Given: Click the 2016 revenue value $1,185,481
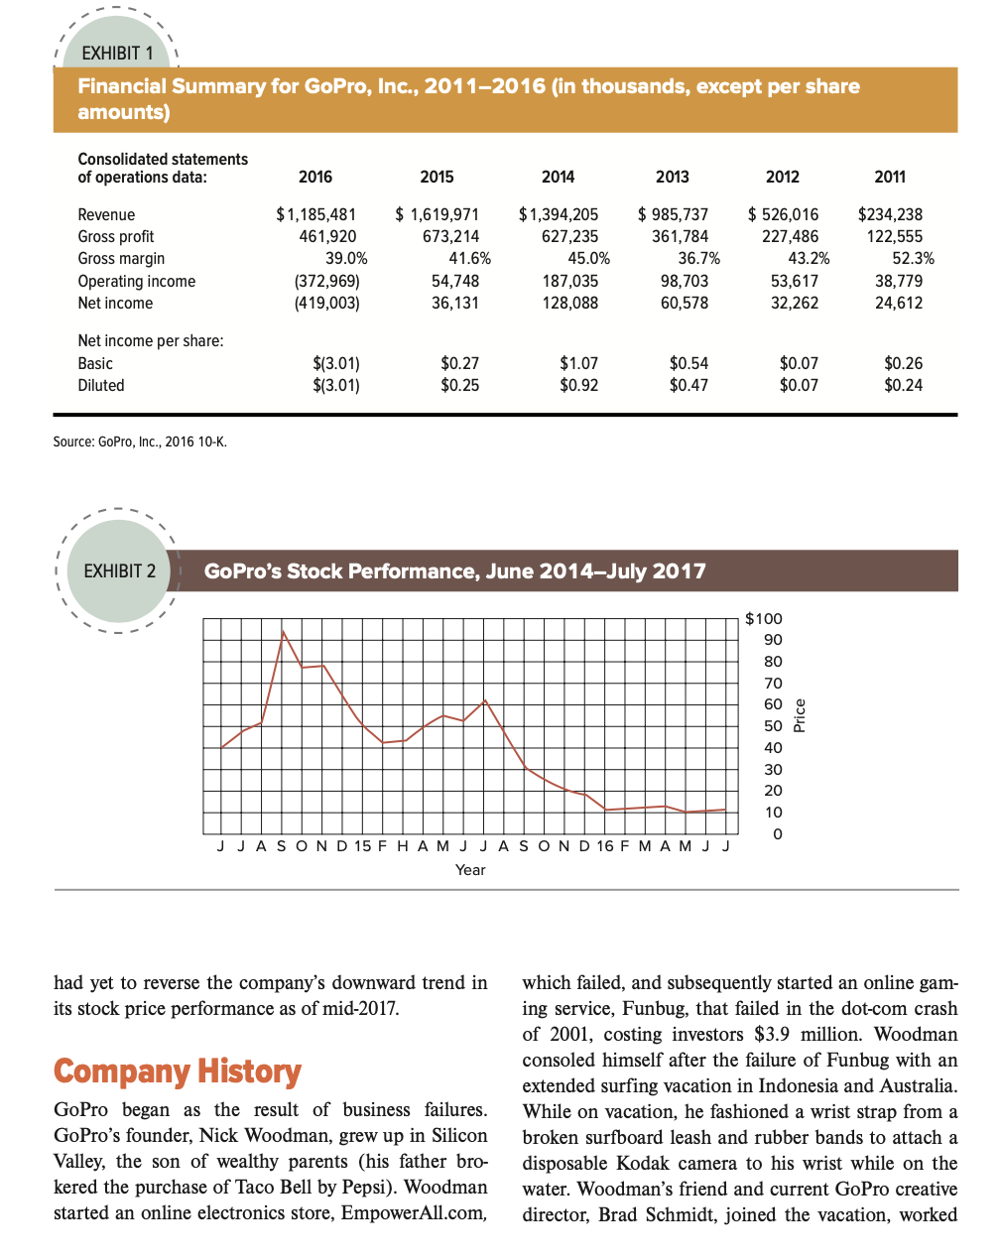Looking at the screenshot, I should point(315,214).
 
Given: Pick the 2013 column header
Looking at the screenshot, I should point(672,177).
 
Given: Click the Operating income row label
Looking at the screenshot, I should point(137,281).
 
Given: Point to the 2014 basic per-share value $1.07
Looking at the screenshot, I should point(578,363).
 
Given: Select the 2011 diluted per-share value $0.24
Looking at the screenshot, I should point(903,385).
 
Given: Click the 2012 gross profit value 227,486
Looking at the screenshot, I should point(790,236).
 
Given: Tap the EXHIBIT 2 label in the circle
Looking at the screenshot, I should point(119,571).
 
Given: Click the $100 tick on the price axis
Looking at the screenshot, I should point(764,618).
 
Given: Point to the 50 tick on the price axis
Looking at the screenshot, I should point(773,726).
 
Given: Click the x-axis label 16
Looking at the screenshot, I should point(603,846).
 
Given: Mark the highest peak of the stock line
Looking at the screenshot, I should point(284,630).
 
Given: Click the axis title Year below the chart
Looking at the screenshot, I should point(469,870).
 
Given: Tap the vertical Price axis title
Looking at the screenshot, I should point(801,715).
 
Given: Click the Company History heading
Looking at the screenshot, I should point(177,1071).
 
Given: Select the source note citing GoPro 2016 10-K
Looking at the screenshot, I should point(140,441).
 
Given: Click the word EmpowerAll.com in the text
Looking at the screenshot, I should point(413,1213).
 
